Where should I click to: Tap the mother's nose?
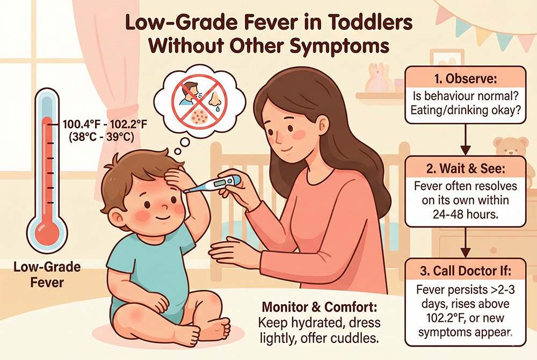[277, 131]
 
